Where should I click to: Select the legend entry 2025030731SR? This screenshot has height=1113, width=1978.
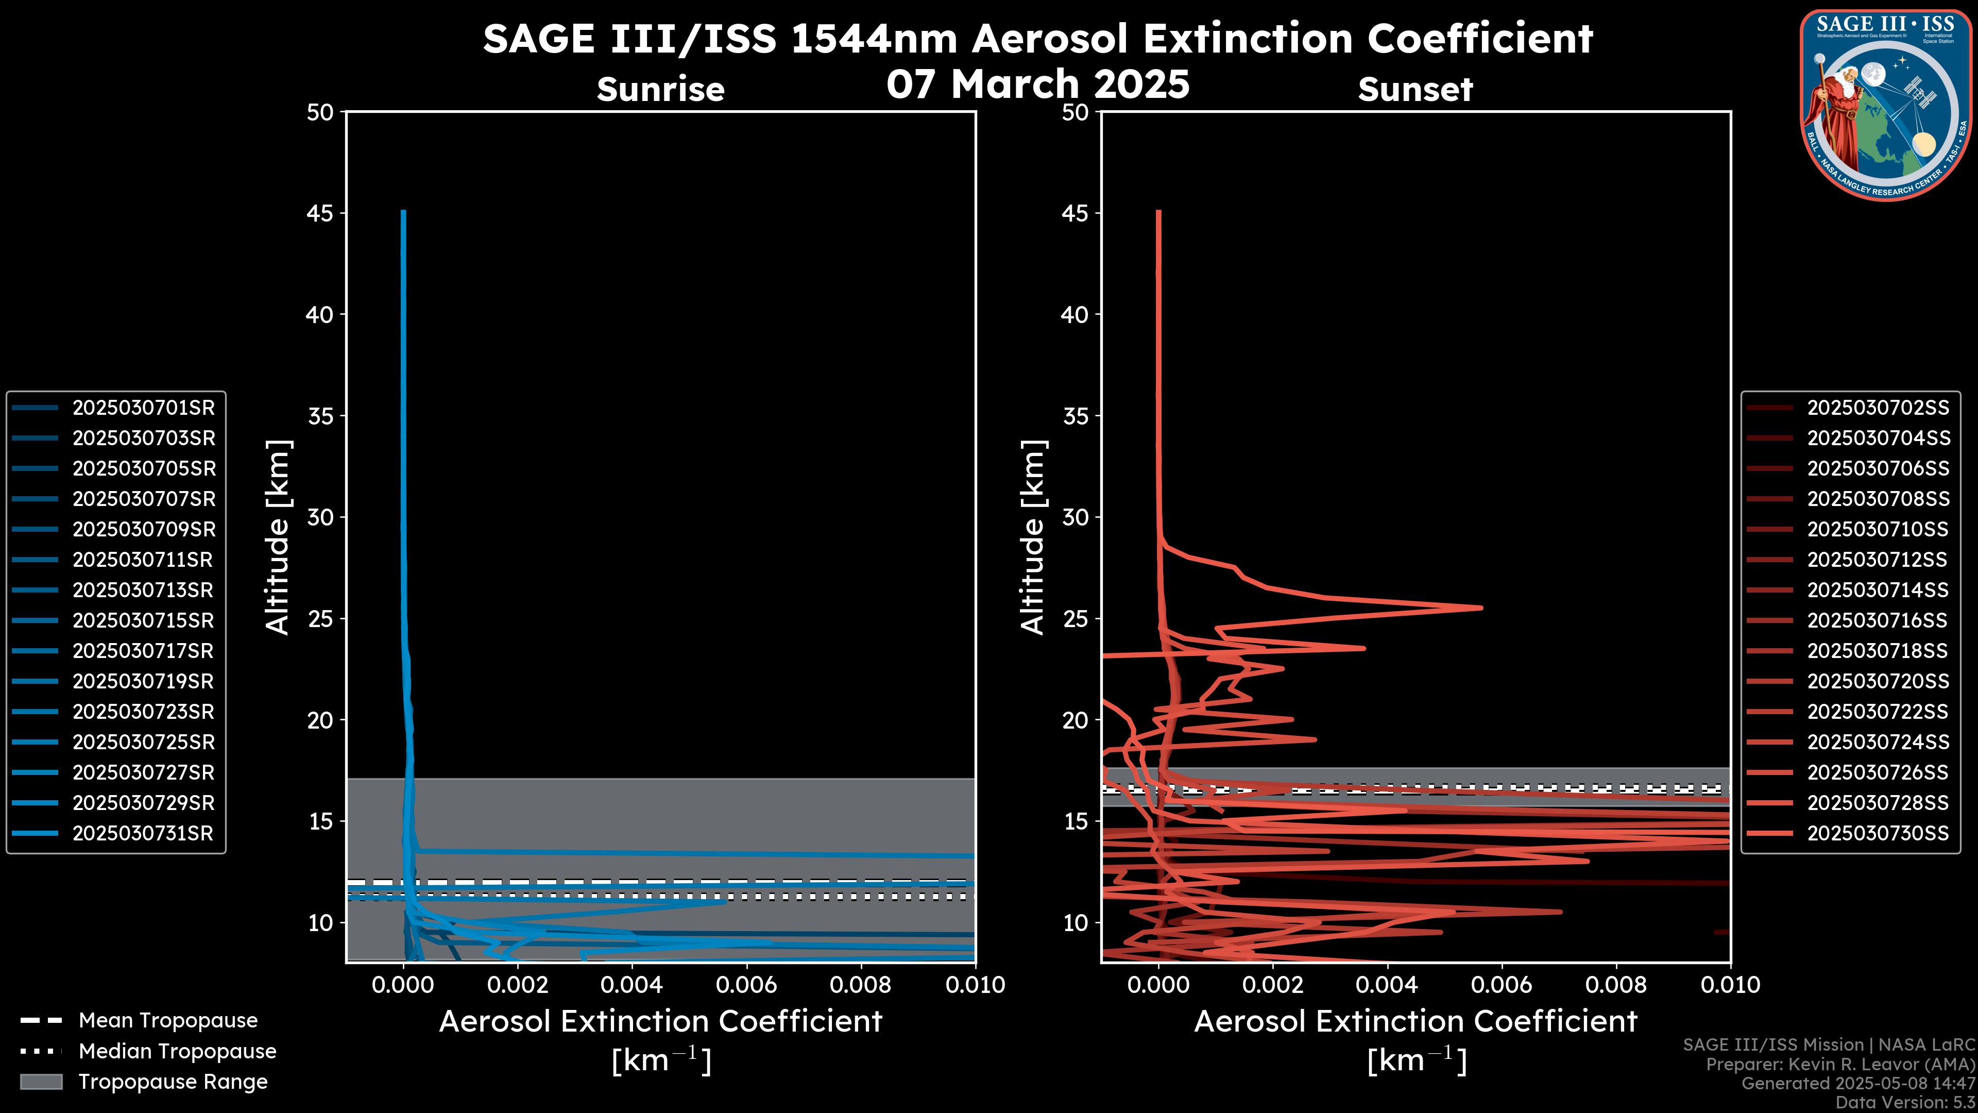(x=143, y=833)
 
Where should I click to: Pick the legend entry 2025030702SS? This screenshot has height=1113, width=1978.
(x=1878, y=408)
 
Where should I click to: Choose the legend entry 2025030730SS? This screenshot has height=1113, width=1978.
(x=1878, y=833)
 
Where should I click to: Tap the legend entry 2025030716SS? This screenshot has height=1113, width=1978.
(x=1878, y=620)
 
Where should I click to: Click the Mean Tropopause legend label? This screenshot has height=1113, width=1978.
(x=168, y=1020)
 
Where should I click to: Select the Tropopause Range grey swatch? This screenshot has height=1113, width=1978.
(x=41, y=1082)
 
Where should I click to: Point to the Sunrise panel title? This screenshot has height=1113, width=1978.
(x=660, y=89)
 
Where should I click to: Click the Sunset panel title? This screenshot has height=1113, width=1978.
(x=1415, y=89)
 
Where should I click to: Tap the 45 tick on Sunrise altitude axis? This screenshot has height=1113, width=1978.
(x=320, y=213)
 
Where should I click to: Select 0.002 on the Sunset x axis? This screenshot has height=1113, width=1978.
(x=1273, y=985)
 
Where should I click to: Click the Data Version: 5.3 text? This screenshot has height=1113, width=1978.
(x=1905, y=1102)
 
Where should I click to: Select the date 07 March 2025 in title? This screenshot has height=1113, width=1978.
(x=1037, y=83)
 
